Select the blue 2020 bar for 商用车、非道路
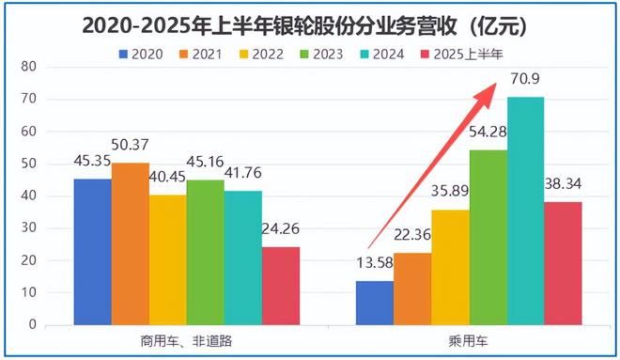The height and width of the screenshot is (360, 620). [92, 251]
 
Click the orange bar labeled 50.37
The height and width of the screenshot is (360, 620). [130, 243]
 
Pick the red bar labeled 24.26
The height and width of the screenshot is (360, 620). [280, 286]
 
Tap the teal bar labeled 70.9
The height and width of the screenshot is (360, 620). [526, 211]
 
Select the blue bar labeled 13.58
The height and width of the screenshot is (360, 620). [375, 303]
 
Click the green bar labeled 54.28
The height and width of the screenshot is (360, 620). [488, 237]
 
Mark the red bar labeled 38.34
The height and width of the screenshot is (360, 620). [564, 263]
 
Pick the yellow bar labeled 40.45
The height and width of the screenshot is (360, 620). [167, 259]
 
